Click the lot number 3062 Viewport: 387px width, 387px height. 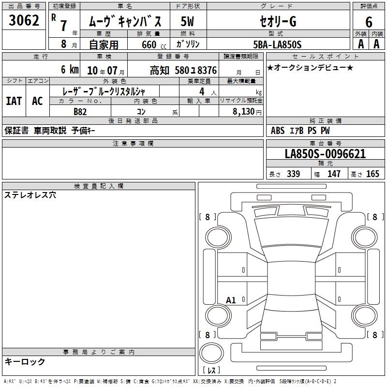point(24,20)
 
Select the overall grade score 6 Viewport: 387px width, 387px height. point(369,22)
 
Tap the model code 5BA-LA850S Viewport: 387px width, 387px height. point(277,45)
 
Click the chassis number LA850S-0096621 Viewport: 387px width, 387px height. point(325,154)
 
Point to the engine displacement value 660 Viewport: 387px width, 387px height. point(149,45)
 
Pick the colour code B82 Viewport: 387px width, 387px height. point(80,112)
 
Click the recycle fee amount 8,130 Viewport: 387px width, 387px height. point(244,111)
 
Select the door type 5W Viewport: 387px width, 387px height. point(187,21)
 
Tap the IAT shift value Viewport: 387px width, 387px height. point(14,101)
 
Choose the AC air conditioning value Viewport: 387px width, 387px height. point(38,101)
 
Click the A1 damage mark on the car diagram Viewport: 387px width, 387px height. point(231,300)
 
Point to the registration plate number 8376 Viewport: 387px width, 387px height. point(207,70)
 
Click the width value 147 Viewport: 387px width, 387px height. point(334,174)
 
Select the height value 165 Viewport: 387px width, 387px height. point(372,174)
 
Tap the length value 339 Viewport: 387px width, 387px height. point(294,174)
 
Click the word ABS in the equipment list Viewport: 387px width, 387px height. point(278,131)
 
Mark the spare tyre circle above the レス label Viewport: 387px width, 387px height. point(211,353)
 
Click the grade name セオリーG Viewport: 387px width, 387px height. point(278,21)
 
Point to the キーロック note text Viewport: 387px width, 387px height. point(25,361)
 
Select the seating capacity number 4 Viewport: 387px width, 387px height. point(202,91)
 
